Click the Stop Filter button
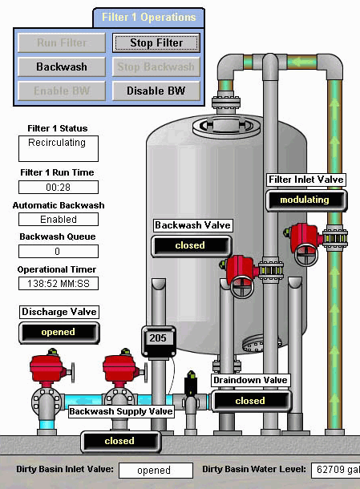pos(156,42)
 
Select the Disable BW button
pos(156,91)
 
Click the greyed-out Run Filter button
pos(62,42)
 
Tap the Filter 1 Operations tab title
pos(149,17)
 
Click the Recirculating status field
pos(59,148)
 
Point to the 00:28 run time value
pos(59,187)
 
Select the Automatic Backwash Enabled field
pos(59,219)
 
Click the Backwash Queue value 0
pos(59,251)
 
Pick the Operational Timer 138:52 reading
pos(59,284)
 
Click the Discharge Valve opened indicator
pos(59,333)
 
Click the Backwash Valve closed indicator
pos(192,246)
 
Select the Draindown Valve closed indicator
pos(252,401)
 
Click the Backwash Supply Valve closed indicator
pos(121,442)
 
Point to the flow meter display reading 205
pos(159,338)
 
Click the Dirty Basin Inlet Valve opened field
pos(156,471)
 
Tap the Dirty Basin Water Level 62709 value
pos(336,471)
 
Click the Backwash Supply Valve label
pos(121,411)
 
